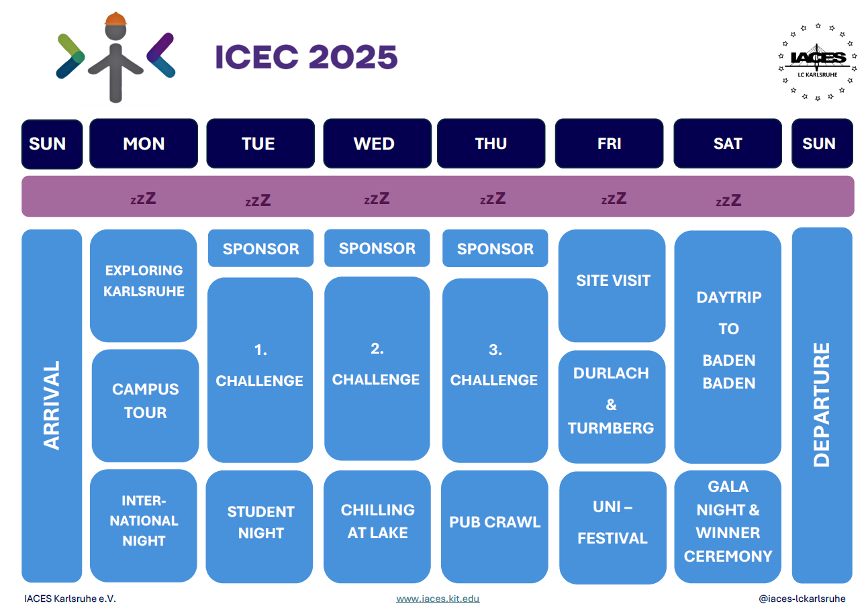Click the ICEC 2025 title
(306, 57)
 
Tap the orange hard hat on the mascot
(115, 19)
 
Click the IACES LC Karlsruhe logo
(817, 62)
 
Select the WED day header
(377, 144)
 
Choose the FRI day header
(609, 144)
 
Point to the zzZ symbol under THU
(493, 199)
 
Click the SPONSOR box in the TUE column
(260, 248)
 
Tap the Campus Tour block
(145, 405)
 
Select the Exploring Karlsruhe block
(144, 285)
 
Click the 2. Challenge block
(377, 368)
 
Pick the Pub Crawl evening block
(495, 526)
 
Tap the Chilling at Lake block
(377, 526)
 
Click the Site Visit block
(612, 285)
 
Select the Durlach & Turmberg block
(612, 407)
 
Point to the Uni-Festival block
(613, 527)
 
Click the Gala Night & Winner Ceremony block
(728, 526)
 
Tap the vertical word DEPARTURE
(822, 405)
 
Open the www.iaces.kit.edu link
(438, 599)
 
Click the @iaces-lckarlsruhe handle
(802, 599)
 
